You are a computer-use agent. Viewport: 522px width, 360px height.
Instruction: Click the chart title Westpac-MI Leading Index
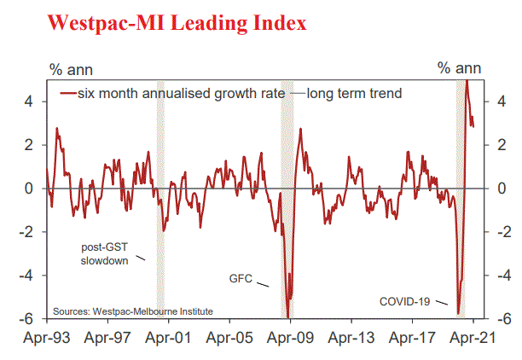[177, 23]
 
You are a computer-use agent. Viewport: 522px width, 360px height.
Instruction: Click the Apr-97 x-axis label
[109, 338]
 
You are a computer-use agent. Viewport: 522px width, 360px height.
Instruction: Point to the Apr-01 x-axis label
[169, 338]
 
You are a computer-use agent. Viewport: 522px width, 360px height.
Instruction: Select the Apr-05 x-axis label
[229, 338]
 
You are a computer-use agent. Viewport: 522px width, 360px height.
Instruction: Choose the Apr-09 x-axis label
[290, 338]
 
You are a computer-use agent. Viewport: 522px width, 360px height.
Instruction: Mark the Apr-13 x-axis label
[351, 338]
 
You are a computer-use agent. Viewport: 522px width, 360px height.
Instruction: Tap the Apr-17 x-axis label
[411, 338]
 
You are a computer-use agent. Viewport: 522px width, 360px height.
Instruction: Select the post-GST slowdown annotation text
[103, 253]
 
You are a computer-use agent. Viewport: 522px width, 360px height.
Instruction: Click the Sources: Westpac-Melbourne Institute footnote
[133, 311]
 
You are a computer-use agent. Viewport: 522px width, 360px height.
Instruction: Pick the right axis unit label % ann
[460, 67]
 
